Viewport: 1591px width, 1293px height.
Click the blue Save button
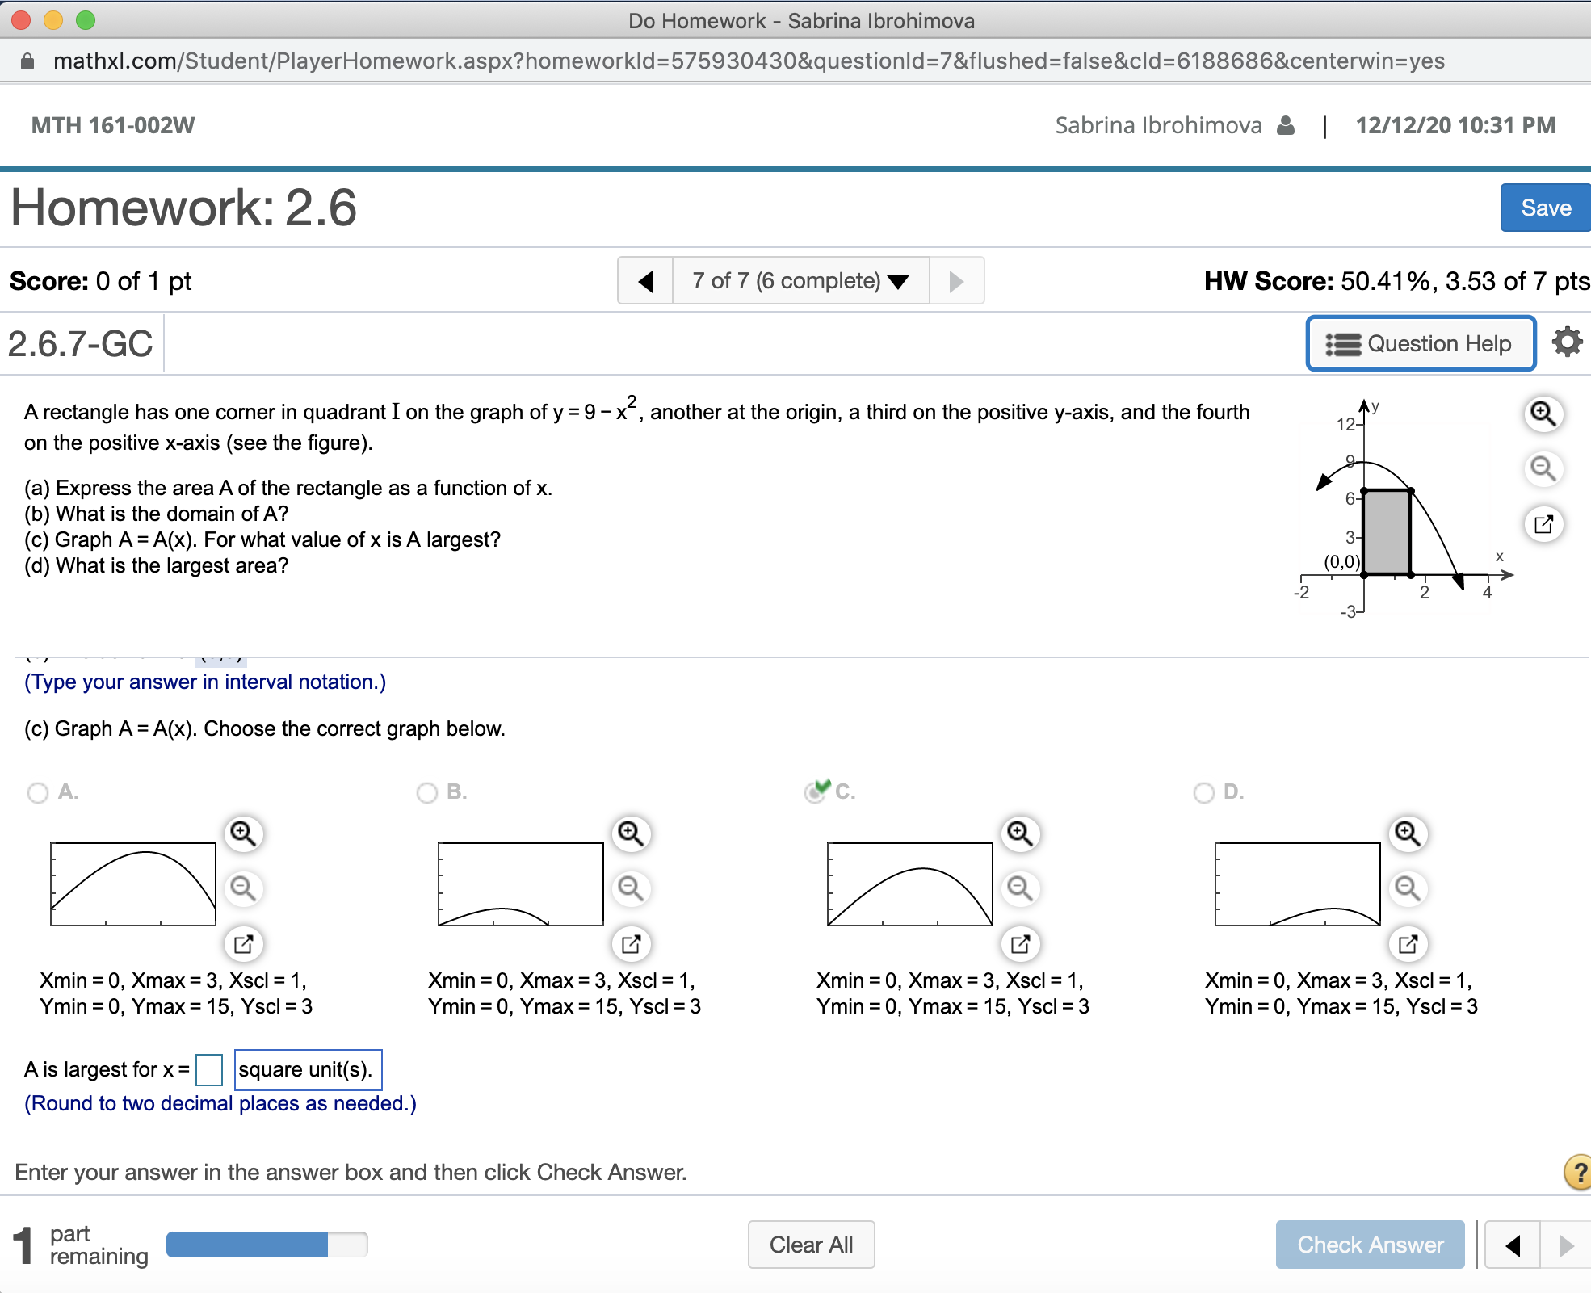[1545, 208]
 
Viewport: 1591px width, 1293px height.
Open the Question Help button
[1421, 344]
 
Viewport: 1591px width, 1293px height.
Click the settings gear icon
[1567, 342]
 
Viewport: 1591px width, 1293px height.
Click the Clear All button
[811, 1245]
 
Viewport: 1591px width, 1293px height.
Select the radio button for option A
[38, 792]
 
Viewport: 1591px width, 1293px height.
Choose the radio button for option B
[427, 792]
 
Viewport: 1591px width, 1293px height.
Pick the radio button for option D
[1203, 792]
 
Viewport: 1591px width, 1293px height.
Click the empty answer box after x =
[209, 1070]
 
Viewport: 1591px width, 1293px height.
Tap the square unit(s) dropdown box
[308, 1070]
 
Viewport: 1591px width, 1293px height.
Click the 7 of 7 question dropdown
[800, 281]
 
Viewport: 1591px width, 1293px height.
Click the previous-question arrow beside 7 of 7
[645, 281]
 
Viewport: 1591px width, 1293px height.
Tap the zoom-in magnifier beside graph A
[243, 833]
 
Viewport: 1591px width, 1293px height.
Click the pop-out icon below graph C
[1020, 943]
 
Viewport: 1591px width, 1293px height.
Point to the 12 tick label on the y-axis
[1345, 424]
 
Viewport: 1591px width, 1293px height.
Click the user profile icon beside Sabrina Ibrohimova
[1286, 125]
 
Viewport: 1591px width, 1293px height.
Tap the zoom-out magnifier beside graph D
[1408, 888]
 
